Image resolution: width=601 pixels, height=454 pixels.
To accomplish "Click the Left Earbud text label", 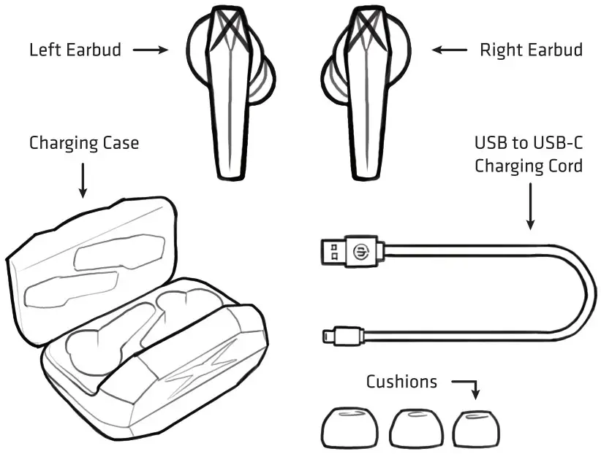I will click(x=75, y=50).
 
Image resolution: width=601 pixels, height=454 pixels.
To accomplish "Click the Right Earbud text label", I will click(x=531, y=50).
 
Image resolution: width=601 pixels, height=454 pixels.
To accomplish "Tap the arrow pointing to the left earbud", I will click(x=151, y=50).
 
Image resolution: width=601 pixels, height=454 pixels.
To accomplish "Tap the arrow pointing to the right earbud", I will click(x=449, y=50).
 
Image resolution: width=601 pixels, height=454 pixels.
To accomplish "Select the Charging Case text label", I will click(x=83, y=142).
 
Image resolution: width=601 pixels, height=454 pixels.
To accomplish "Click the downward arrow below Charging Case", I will click(x=83, y=180).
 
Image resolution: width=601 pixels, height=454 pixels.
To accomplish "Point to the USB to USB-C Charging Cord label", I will click(x=528, y=154).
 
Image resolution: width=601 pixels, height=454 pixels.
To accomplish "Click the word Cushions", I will click(x=401, y=381).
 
